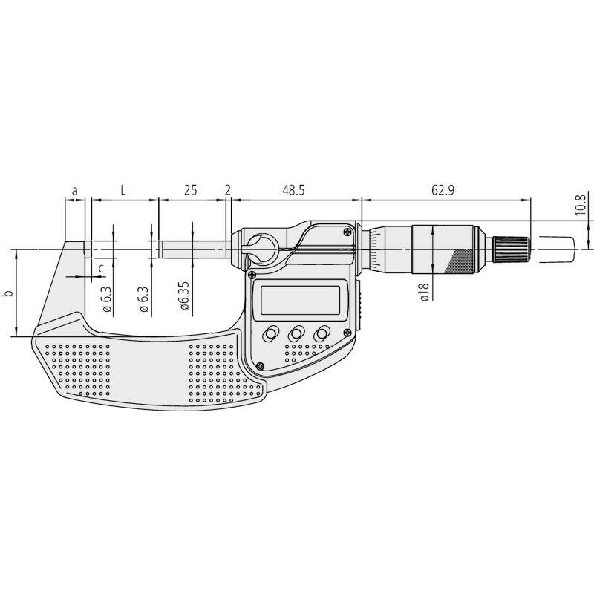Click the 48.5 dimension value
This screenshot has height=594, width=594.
click(293, 190)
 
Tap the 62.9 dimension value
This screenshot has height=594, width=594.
click(443, 190)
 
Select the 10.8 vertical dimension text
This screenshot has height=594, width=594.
click(581, 203)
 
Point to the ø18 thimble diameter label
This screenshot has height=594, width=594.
click(424, 292)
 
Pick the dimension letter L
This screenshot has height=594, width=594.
click(123, 190)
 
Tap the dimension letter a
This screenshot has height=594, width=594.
click(75, 191)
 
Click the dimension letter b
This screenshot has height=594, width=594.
click(9, 293)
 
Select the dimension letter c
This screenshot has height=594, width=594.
click(101, 268)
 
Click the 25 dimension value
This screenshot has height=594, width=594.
click(191, 190)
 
